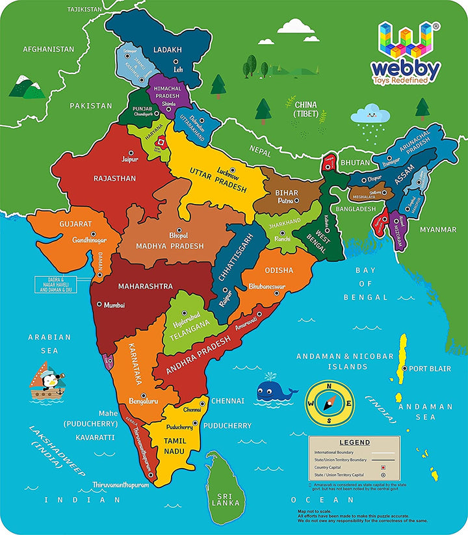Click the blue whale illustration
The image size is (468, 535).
tap(275, 391)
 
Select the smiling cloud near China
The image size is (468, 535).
tap(370, 115)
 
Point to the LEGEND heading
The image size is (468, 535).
tap(355, 443)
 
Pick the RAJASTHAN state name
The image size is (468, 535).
tap(114, 178)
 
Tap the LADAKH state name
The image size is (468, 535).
tap(167, 49)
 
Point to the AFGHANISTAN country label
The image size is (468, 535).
tap(49, 49)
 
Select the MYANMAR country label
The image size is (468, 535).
tap(437, 229)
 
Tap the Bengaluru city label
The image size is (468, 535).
tap(144, 401)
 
